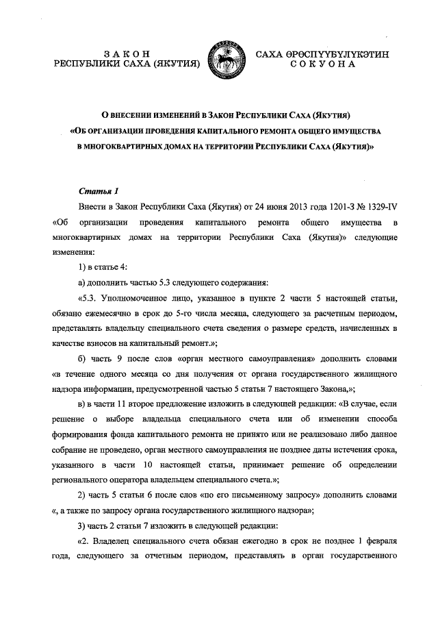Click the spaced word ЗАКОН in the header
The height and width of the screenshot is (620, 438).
(x=126, y=53)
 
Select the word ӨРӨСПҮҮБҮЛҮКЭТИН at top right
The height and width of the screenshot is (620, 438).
(x=336, y=53)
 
